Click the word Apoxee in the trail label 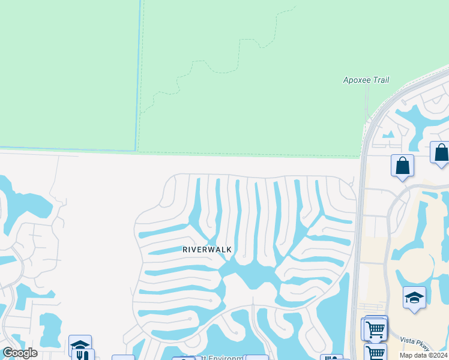tap(358, 80)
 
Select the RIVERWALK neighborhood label tap(207, 249)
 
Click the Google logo tap(20, 353)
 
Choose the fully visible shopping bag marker tap(402, 166)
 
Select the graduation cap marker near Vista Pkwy tap(414, 298)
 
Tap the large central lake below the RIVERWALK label tap(252, 276)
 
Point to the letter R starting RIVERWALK tap(185, 249)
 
